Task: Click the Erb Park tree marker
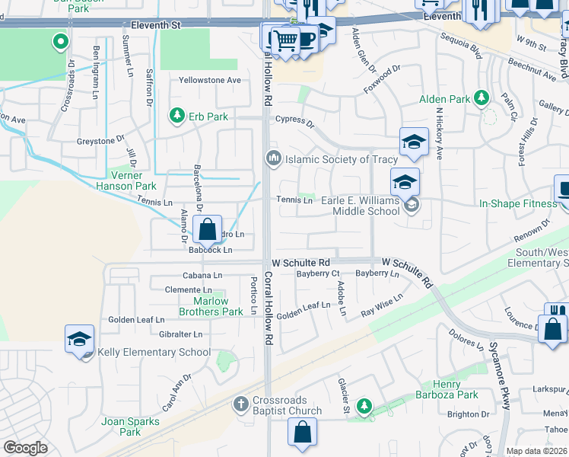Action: [x=176, y=116]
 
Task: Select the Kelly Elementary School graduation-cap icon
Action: [x=80, y=340]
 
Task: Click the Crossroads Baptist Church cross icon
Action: [x=241, y=404]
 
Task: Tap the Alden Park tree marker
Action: [x=481, y=98]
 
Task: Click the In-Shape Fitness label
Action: [x=518, y=203]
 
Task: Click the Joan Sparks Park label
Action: [x=130, y=427]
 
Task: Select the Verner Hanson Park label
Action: [x=126, y=181]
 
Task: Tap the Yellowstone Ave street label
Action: [x=209, y=80]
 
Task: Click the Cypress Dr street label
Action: [x=295, y=120]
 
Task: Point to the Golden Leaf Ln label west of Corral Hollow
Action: [x=136, y=320]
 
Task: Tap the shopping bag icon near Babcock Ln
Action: [x=207, y=228]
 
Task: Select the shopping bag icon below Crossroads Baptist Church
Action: [x=302, y=432]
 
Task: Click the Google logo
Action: [x=25, y=448]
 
